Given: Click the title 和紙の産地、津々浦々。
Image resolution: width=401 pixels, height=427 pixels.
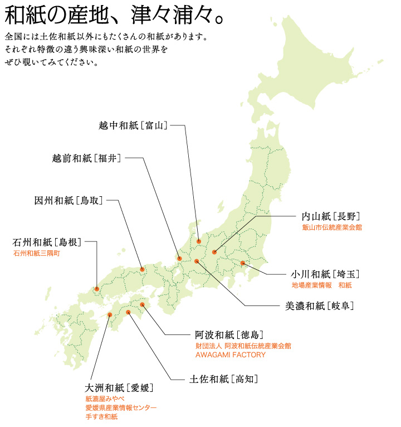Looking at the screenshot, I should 114,16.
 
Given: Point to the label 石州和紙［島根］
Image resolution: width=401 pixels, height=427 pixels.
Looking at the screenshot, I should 47,242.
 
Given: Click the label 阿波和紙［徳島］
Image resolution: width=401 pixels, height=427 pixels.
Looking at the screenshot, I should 229,335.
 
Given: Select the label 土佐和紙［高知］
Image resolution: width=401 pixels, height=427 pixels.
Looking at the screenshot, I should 223,379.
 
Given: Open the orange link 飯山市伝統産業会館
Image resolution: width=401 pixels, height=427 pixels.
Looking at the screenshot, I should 332,227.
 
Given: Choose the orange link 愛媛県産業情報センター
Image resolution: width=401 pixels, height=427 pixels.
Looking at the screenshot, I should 121,408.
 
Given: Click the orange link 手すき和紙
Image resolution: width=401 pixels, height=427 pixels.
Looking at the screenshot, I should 101,417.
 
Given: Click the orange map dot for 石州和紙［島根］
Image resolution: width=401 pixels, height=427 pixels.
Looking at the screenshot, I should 97,289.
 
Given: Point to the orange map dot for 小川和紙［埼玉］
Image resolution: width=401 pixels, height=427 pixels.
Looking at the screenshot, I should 243,263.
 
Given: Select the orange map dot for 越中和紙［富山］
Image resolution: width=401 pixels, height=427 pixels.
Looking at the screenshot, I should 199,241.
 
